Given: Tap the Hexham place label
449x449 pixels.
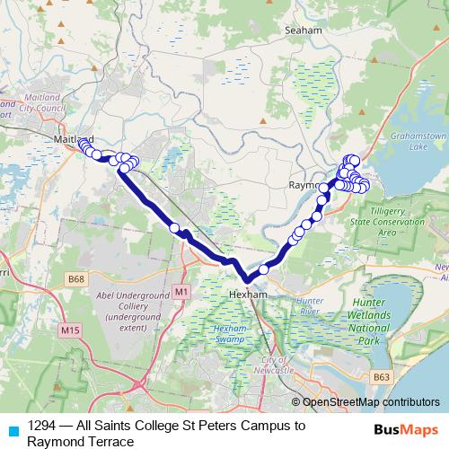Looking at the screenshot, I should click(244, 293).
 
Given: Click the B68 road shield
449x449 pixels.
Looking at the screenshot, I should click(76, 280).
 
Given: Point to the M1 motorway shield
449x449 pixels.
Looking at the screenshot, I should click(183, 292).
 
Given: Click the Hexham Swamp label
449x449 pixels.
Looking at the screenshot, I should click(229, 334).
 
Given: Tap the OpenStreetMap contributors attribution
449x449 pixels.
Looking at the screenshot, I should click(371, 402).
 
